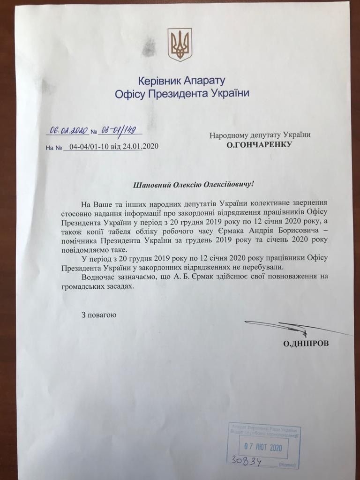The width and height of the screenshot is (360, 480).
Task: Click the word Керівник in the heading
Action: coord(157,80)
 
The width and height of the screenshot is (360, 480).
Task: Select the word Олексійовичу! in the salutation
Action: coord(227,184)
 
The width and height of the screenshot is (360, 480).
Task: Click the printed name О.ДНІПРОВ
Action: coord(306,343)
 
